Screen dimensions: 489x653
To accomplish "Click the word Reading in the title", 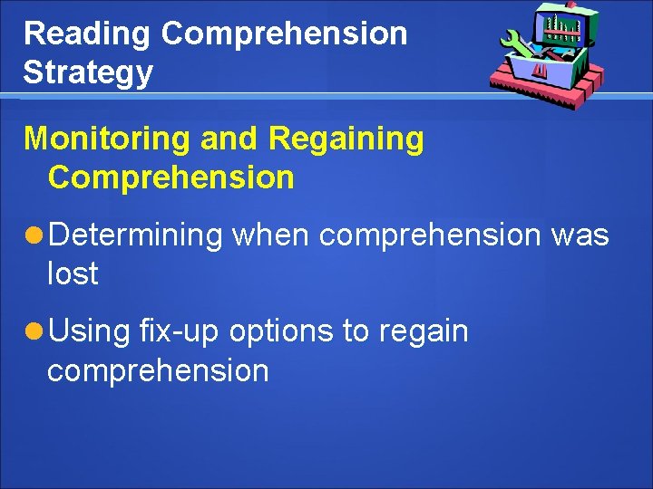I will click(87, 34).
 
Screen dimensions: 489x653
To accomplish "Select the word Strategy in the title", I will click(88, 72).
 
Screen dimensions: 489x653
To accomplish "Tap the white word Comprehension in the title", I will click(284, 34).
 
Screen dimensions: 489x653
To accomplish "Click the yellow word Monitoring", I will click(107, 139).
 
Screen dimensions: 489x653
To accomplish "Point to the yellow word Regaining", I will click(346, 139).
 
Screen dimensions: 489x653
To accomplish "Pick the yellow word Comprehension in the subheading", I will click(171, 177).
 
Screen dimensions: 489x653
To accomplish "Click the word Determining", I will click(135, 235).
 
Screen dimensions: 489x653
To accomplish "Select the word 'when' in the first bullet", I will click(271, 235).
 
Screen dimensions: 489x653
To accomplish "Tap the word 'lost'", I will click(73, 273).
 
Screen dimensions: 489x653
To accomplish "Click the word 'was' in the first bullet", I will click(580, 235).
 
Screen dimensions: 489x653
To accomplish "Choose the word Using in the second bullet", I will click(89, 331).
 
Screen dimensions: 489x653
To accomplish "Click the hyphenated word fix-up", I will click(180, 331).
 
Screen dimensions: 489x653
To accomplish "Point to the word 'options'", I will click(281, 331).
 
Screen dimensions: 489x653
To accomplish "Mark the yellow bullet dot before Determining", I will click(34, 236).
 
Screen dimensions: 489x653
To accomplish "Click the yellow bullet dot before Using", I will click(34, 332).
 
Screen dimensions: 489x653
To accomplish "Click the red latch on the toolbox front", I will click(539, 70).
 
